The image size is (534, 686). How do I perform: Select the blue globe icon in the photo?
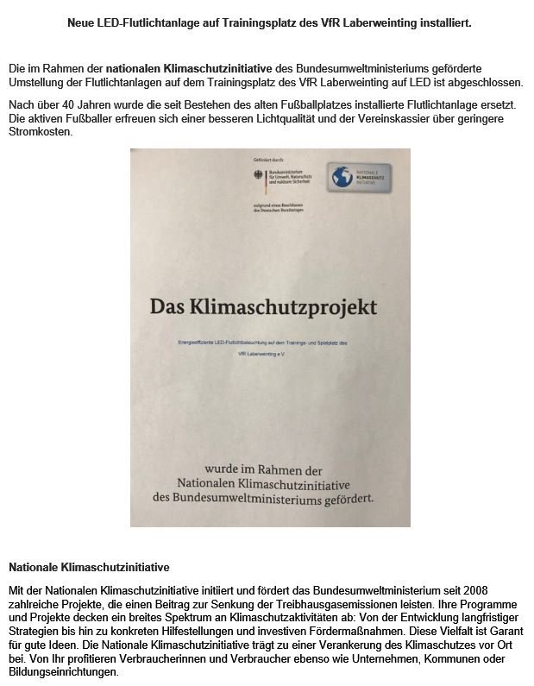[x=342, y=176]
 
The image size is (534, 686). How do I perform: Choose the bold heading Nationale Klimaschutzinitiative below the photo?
[x=89, y=568]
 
